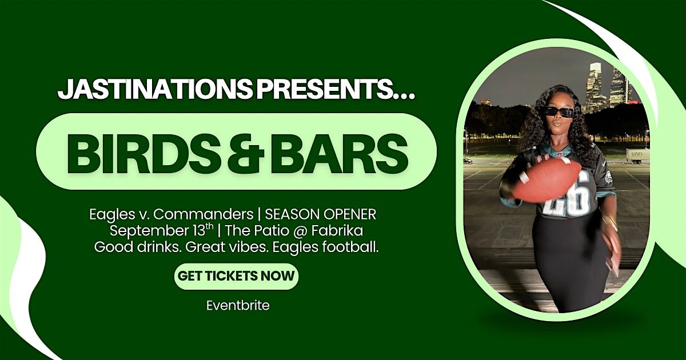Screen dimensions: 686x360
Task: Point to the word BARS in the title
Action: [339, 151]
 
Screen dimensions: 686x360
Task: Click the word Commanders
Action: [203, 215]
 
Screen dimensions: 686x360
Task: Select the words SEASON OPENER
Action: [320, 215]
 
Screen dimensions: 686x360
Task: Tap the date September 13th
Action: [161, 230]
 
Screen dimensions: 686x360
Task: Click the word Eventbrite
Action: [238, 306]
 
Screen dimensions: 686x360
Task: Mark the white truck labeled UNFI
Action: [637, 156]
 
